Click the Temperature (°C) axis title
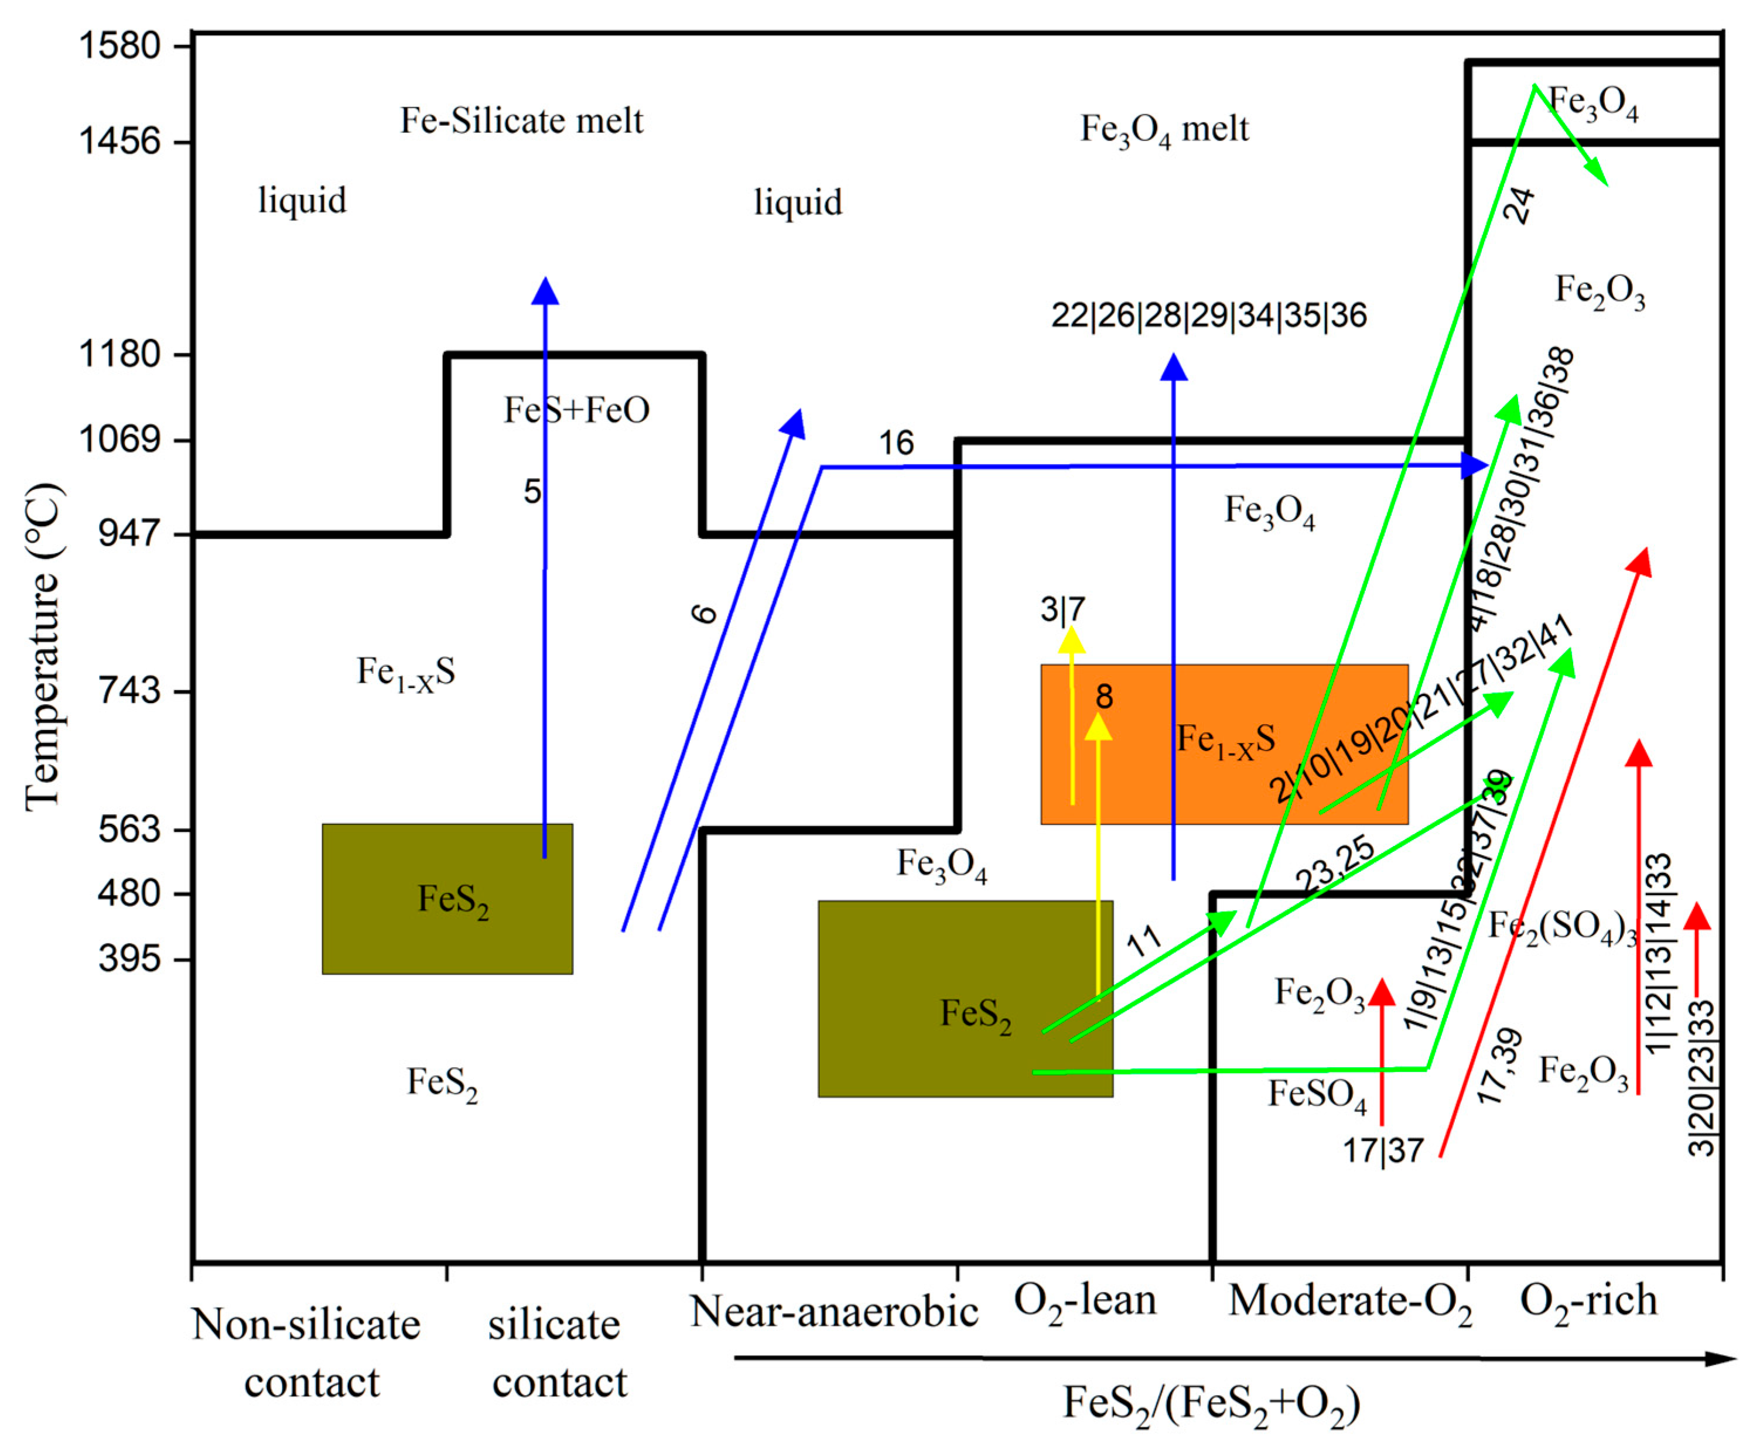(x=43, y=646)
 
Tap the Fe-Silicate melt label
(x=522, y=121)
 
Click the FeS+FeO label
(x=576, y=410)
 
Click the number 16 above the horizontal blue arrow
(x=897, y=443)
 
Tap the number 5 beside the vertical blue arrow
(x=532, y=491)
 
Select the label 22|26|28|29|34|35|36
(x=1208, y=316)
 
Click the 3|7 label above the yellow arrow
(x=1062, y=609)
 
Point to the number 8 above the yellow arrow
(x=1104, y=696)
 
